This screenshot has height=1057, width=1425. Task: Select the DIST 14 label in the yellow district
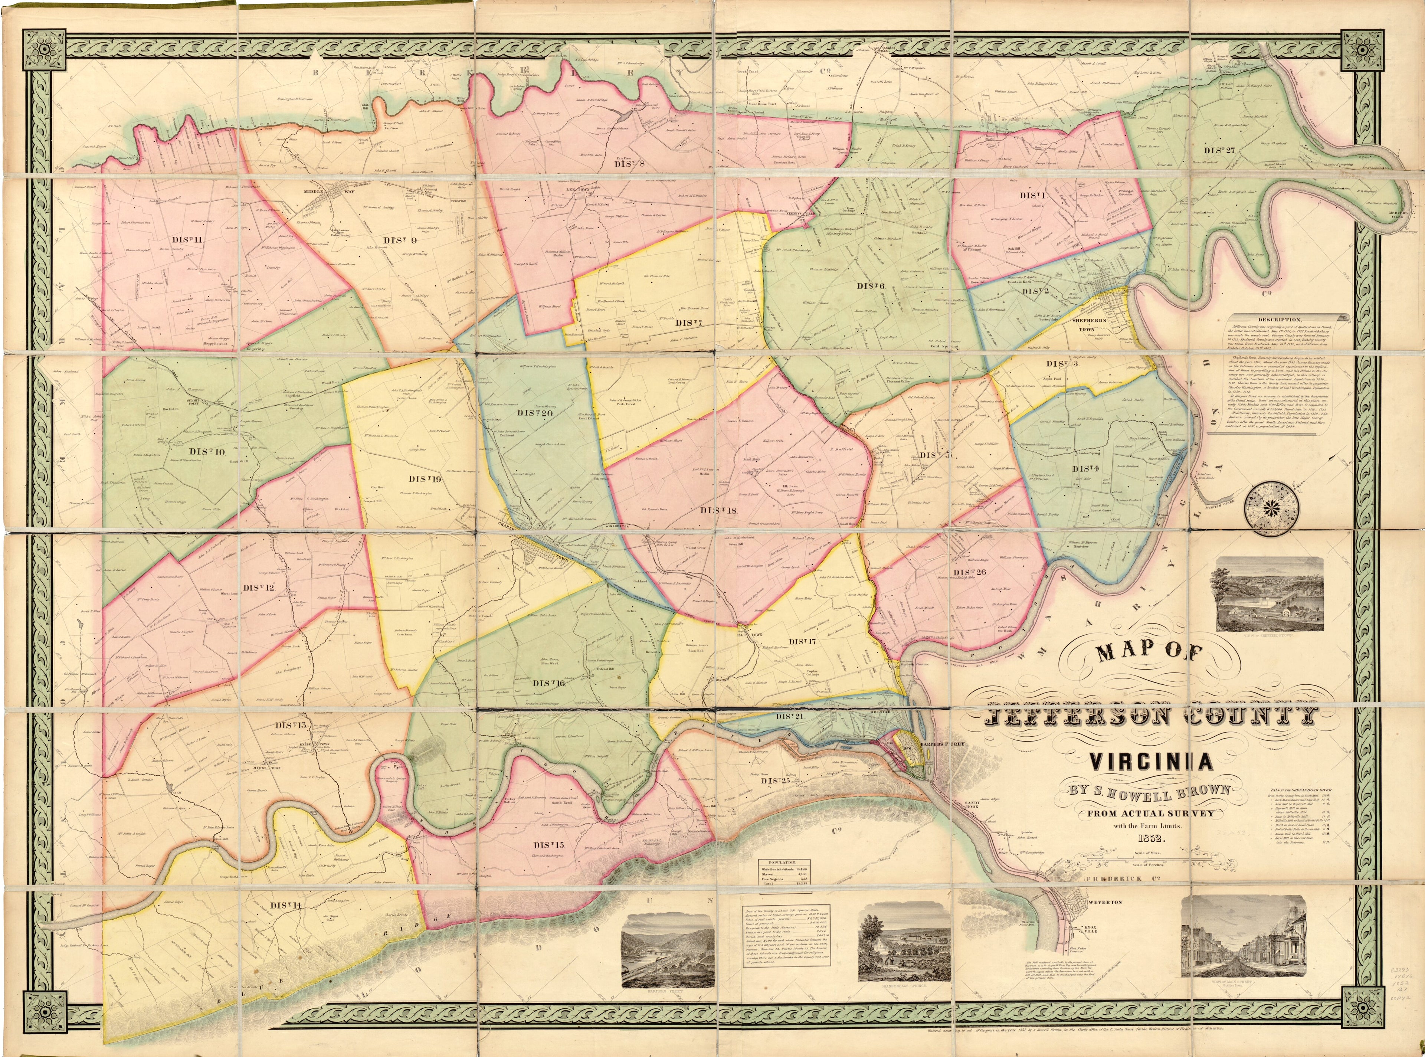coord(285,905)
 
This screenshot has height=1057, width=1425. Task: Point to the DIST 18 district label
coord(718,510)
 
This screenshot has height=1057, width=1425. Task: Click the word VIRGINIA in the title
coord(1151,762)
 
